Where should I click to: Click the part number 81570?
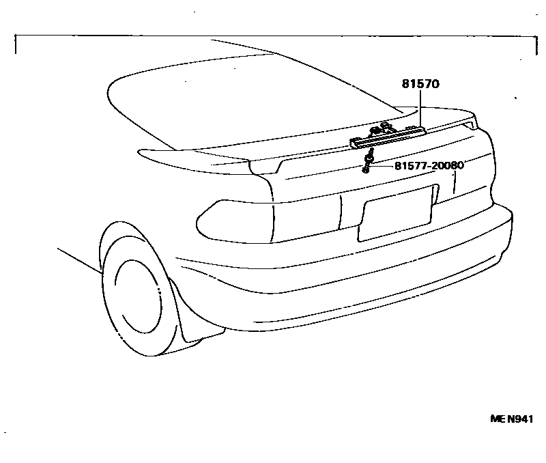tap(420, 85)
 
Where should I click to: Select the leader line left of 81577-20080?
tap(382, 165)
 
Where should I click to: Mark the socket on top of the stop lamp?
tap(379, 128)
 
